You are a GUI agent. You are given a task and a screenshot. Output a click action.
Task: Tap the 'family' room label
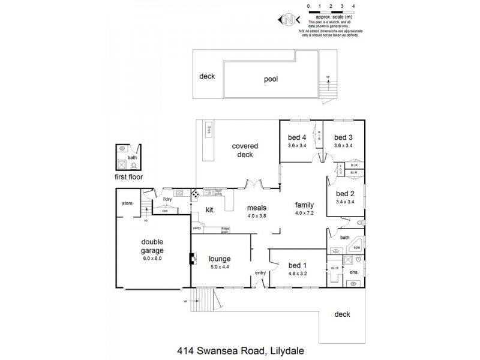coord(305,205)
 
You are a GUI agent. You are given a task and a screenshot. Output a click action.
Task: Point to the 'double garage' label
coord(152,246)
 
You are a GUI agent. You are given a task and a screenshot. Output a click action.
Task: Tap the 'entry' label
coord(260,273)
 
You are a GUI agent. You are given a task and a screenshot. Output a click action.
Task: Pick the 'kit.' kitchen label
coord(211,209)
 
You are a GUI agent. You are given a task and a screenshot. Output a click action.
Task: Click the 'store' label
coord(127,203)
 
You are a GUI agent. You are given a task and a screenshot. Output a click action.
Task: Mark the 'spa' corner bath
coord(356,246)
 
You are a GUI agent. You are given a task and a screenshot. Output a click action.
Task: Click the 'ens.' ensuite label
coord(354,272)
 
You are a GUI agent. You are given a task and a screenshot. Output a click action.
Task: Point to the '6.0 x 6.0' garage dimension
coord(152,258)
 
